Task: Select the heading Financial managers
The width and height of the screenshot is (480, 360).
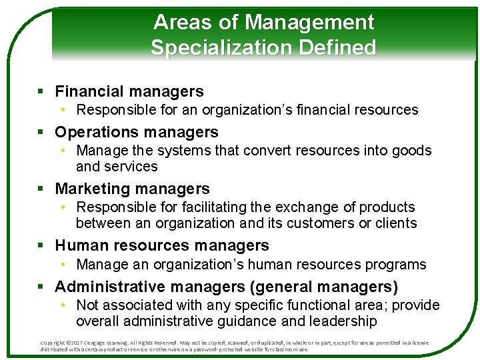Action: click(129, 91)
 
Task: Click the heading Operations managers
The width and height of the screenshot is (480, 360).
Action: click(137, 132)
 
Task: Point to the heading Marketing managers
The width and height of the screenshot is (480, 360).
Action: click(132, 189)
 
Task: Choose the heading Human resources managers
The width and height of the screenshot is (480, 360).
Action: click(162, 246)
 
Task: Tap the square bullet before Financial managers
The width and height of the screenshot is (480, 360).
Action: click(41, 91)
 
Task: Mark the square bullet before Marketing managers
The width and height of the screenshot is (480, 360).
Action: click(41, 189)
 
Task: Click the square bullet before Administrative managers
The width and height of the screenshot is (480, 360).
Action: click(41, 287)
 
